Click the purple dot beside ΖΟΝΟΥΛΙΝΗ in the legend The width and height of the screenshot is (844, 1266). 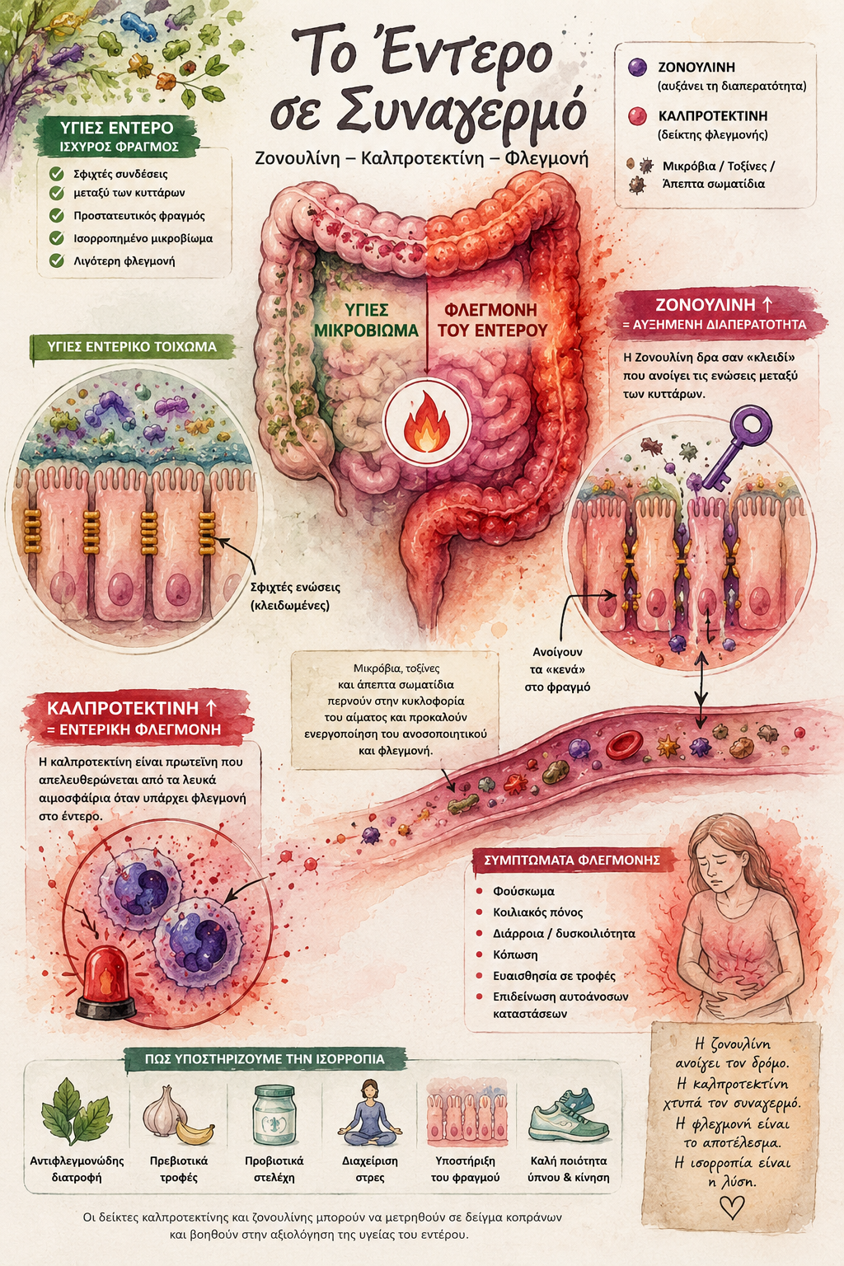[x=638, y=68]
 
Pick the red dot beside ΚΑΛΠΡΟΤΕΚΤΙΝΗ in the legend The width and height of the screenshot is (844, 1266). [x=638, y=116]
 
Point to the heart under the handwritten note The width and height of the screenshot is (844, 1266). [x=732, y=1207]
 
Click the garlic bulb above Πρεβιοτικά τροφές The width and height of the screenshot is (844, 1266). [x=163, y=1107]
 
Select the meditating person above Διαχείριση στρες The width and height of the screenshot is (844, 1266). [x=370, y=1112]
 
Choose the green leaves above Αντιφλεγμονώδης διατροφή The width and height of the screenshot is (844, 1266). [x=76, y=1112]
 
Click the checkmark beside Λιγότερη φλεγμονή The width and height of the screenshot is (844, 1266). [x=57, y=260]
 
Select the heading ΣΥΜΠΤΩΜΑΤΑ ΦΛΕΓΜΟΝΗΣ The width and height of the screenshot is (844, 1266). [x=573, y=860]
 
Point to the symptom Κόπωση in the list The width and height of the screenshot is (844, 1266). [x=515, y=954]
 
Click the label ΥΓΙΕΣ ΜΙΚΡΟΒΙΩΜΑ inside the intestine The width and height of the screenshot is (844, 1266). [x=366, y=320]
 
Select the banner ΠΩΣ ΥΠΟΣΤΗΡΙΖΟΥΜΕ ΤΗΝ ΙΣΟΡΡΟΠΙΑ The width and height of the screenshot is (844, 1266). [x=265, y=1059]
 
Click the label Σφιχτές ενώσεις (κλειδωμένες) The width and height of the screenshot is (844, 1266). [x=295, y=596]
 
